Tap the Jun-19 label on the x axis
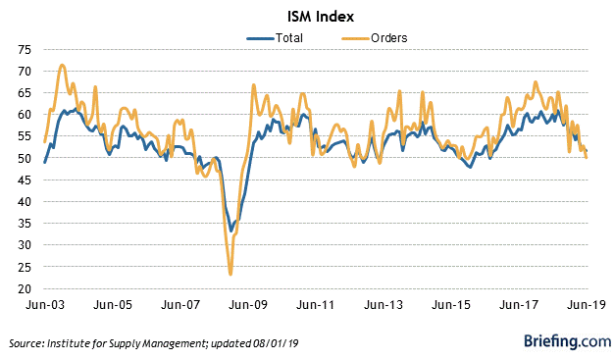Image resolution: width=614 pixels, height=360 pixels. click(x=585, y=305)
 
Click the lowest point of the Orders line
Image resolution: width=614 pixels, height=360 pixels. click(x=230, y=274)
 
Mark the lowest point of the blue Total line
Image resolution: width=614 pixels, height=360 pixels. click(x=231, y=231)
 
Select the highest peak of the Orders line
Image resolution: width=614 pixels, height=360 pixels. click(x=62, y=65)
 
